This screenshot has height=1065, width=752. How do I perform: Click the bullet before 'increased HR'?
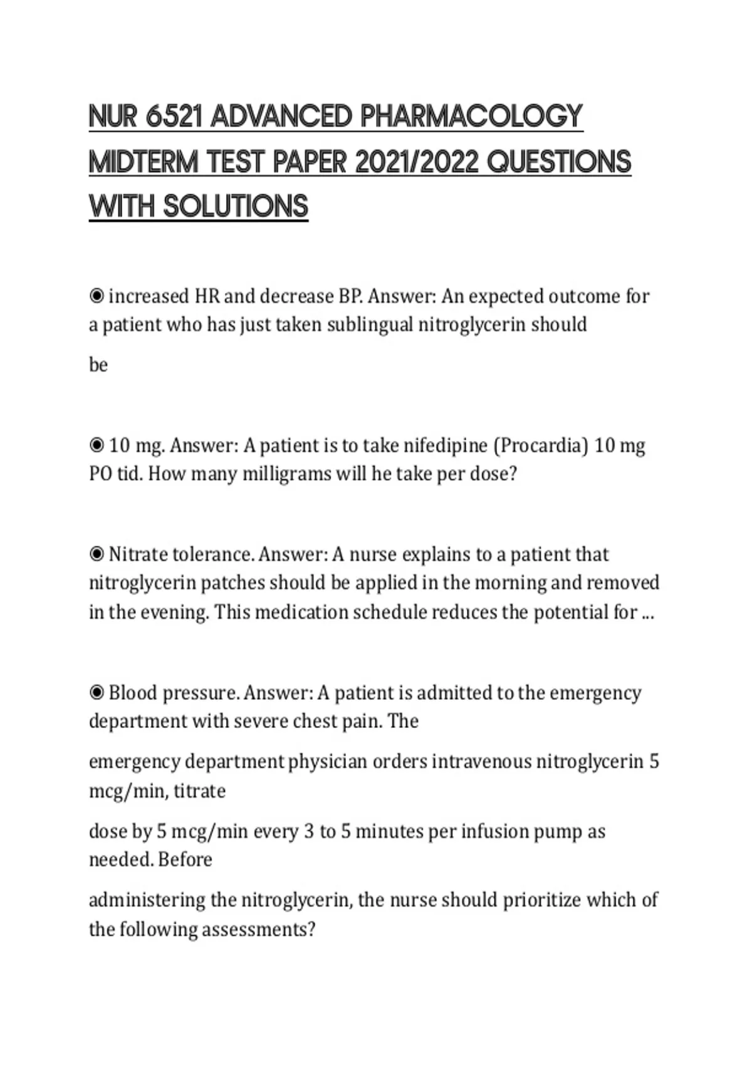click(97, 296)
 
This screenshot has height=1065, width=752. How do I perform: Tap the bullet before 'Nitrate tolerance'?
click(97, 554)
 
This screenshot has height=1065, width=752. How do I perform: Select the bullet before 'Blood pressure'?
click(97, 693)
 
